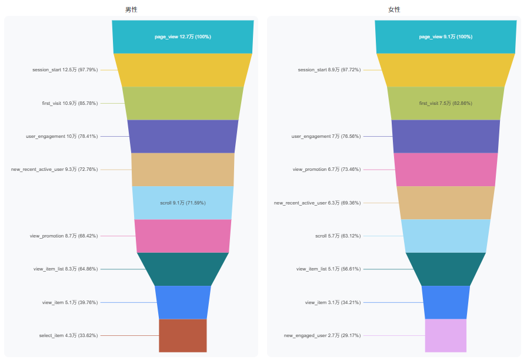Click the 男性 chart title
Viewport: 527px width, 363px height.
tap(131, 10)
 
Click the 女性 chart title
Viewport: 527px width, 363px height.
tap(394, 10)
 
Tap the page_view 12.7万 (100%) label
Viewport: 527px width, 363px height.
tap(183, 37)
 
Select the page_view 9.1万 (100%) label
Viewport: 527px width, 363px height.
tap(446, 37)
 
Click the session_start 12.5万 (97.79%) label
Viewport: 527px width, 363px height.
tap(65, 70)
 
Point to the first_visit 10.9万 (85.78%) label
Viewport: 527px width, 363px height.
tap(70, 103)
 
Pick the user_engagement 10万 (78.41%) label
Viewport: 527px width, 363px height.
tap(62, 136)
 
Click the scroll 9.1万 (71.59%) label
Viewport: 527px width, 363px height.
tap(183, 203)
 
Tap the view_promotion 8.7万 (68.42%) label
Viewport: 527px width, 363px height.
tap(64, 236)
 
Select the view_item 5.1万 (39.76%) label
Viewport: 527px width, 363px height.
tap(70, 302)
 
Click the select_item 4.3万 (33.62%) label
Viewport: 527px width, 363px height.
tap(69, 335)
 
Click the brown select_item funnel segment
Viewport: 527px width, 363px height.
tap(183, 336)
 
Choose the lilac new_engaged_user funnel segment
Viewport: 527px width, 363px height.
tap(446, 336)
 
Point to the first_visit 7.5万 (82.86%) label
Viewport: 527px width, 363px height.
tap(446, 103)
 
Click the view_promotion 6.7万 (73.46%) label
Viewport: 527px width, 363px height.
tap(326, 169)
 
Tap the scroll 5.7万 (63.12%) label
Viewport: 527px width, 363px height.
tap(338, 236)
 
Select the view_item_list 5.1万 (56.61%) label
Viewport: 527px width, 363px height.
tap(328, 269)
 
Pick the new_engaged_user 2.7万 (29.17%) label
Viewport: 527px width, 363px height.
tap(322, 335)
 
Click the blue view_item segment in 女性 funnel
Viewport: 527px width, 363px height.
tap(446, 302)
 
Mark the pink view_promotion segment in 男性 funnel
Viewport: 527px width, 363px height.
tap(183, 236)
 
